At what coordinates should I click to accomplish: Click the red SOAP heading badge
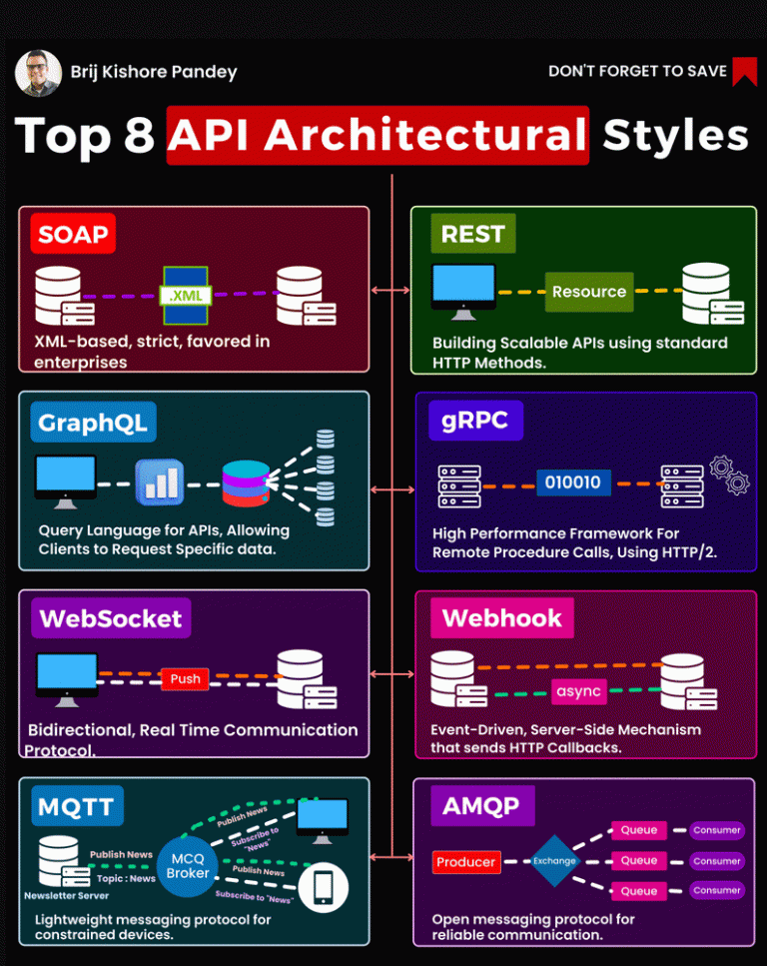click(73, 234)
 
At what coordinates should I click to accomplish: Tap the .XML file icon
click(186, 295)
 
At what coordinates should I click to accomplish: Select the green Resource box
click(589, 292)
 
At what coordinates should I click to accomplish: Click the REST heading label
click(473, 234)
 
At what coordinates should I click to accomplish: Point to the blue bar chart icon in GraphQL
click(160, 483)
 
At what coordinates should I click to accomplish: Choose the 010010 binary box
click(573, 483)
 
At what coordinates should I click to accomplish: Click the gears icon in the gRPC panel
click(729, 475)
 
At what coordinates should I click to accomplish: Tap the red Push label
click(185, 679)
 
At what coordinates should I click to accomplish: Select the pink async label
click(578, 691)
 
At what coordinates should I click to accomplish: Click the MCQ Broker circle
click(188, 866)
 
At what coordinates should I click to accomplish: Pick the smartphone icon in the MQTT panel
click(324, 888)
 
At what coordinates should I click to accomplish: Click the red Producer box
click(465, 862)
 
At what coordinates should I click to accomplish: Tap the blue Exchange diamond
click(554, 861)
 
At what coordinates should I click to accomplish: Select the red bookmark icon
click(744, 72)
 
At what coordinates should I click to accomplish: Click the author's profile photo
click(38, 73)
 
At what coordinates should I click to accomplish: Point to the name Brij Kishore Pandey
click(154, 72)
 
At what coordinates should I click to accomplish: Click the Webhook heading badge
click(502, 618)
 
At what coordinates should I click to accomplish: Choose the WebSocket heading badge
click(111, 618)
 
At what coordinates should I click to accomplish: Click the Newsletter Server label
click(67, 896)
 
